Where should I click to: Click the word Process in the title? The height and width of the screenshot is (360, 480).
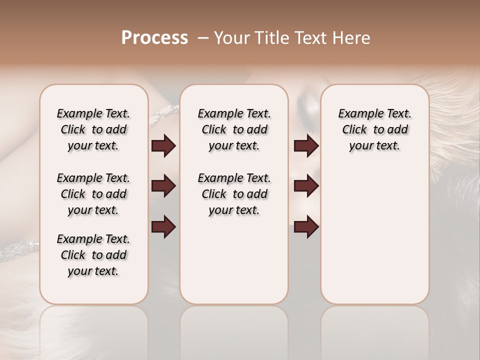(x=154, y=38)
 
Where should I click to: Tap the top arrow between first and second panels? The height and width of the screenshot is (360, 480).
(x=163, y=146)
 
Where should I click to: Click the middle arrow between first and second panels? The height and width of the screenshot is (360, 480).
(x=163, y=186)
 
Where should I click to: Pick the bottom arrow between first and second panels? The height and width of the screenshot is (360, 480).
(x=163, y=226)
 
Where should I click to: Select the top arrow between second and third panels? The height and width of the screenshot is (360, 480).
(x=306, y=146)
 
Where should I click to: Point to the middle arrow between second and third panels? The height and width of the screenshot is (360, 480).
(x=306, y=186)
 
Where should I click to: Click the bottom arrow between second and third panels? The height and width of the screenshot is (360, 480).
(x=306, y=226)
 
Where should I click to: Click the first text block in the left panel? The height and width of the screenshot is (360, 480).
(x=93, y=129)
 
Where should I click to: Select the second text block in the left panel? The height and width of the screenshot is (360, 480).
(x=93, y=194)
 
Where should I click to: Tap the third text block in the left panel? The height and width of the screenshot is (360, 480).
(x=93, y=255)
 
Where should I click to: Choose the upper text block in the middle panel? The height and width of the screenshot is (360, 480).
(x=234, y=129)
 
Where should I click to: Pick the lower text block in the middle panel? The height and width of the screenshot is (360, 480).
(x=234, y=194)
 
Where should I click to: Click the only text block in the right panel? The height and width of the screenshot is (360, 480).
(x=374, y=129)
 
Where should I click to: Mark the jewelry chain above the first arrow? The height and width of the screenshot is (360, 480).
(x=162, y=115)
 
